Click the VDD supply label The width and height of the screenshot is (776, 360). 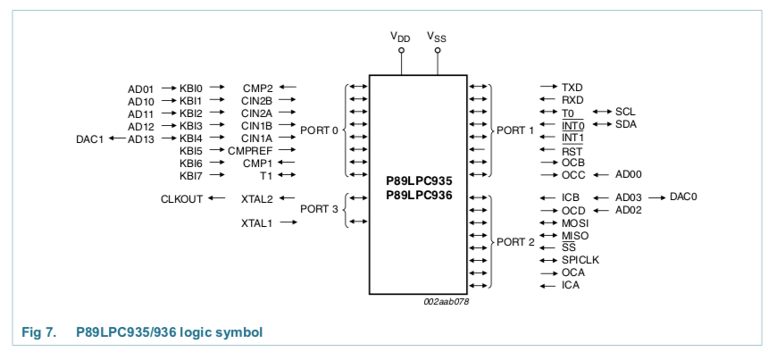(x=401, y=37)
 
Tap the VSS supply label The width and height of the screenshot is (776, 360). (x=437, y=37)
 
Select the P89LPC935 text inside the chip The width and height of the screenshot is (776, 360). (x=419, y=180)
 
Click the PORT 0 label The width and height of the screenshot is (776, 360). (x=319, y=130)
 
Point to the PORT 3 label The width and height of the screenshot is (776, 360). (x=319, y=209)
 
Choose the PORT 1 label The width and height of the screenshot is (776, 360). (x=515, y=130)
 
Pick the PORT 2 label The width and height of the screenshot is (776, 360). (x=515, y=242)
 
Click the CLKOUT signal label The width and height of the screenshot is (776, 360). (x=181, y=198)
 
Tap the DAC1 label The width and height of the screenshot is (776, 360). (x=89, y=139)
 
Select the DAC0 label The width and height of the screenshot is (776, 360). (x=684, y=197)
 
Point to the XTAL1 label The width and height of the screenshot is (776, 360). (x=256, y=222)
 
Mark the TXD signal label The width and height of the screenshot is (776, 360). (x=572, y=88)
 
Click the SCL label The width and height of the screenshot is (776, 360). (x=625, y=112)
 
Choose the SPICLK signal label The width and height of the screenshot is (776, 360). (x=580, y=260)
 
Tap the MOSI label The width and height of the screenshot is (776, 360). (x=575, y=222)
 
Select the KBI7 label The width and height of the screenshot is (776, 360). (x=191, y=176)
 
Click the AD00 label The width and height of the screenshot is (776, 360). (x=629, y=174)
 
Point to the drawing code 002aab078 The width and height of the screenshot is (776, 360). (x=446, y=302)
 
